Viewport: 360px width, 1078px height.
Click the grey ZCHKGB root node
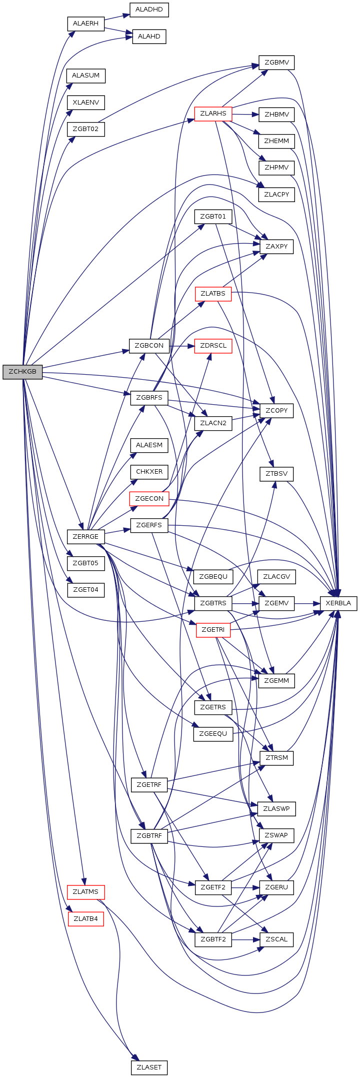point(22,372)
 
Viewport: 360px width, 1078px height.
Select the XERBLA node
point(338,603)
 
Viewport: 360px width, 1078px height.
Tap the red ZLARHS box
point(213,114)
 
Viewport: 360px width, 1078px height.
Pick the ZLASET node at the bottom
point(149,1067)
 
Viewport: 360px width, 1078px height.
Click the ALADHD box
point(149,10)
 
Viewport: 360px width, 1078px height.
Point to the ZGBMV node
point(276,63)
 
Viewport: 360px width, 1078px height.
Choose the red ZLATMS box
point(85,891)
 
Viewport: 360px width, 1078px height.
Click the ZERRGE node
point(85,537)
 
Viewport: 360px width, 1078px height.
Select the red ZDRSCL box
point(213,346)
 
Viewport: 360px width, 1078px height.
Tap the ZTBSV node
point(276,474)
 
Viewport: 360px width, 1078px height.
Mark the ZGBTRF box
point(149,836)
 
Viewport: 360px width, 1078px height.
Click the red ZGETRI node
point(213,630)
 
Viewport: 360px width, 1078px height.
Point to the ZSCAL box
point(276,939)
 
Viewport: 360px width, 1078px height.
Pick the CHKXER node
point(149,472)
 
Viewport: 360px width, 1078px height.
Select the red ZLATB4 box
point(85,918)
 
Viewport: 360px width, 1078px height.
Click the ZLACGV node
point(276,577)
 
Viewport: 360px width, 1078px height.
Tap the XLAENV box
point(85,103)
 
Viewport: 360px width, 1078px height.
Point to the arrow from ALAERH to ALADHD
point(117,17)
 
